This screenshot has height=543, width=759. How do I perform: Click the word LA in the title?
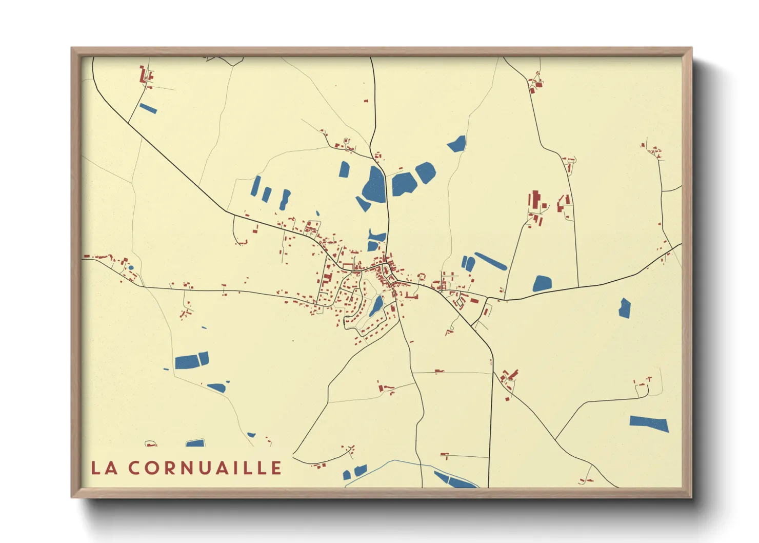104,468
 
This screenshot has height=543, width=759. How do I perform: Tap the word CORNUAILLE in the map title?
205,468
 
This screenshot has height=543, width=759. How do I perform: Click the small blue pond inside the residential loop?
376,306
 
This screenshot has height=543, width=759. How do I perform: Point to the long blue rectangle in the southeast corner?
649,424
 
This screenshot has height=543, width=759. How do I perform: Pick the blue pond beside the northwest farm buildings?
148,108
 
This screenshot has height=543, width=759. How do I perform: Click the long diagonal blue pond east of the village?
491,261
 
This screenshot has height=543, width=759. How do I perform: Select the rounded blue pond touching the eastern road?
542,283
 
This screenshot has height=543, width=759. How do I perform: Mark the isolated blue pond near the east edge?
624,308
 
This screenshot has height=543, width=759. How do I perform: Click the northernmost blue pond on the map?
456,144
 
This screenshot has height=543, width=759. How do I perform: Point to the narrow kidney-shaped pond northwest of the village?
285,200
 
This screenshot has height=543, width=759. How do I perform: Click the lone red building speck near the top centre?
366,101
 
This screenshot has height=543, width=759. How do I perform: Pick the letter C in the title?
135,468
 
